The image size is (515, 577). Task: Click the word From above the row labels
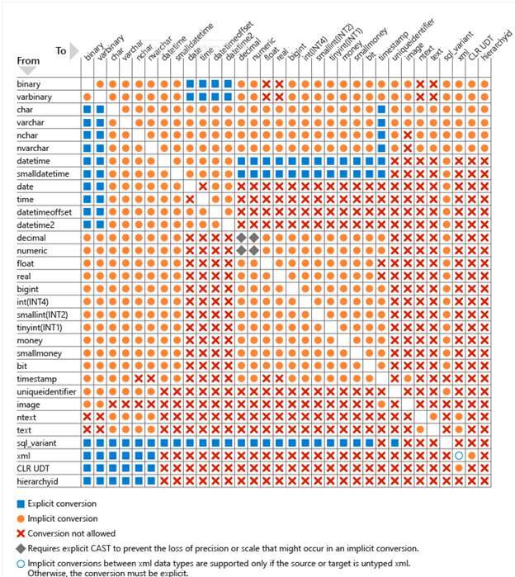click(x=28, y=60)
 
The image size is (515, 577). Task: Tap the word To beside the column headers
click(x=61, y=51)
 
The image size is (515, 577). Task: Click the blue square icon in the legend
click(x=21, y=503)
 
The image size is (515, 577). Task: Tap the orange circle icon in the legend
click(x=21, y=518)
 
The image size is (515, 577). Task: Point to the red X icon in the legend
click(x=21, y=532)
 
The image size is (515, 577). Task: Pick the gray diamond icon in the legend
click(x=21, y=547)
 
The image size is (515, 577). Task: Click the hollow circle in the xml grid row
click(x=458, y=456)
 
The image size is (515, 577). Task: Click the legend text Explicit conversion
click(x=62, y=503)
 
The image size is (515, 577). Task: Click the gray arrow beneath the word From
click(x=26, y=70)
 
